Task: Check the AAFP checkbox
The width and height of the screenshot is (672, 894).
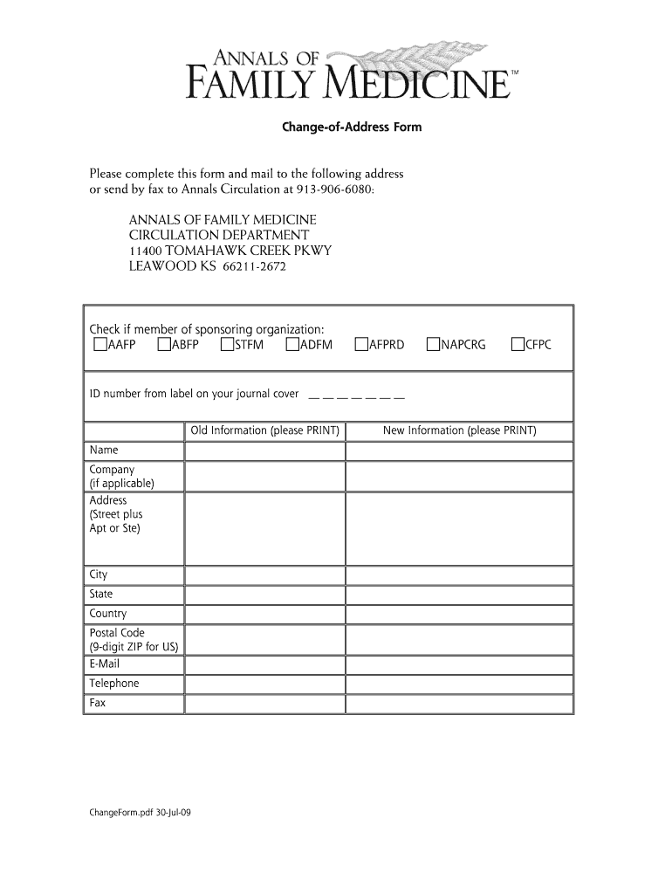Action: [x=99, y=345]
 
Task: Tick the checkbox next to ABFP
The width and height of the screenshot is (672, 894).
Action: [x=164, y=345]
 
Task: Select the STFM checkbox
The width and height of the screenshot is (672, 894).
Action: [x=228, y=345]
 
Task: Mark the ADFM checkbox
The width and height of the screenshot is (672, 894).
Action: [x=292, y=345]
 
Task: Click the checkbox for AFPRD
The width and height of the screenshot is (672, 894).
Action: [x=361, y=345]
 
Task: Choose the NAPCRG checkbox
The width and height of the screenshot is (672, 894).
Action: [x=433, y=345]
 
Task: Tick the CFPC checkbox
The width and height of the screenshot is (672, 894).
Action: [x=518, y=345]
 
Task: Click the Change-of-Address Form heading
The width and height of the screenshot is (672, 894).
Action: [x=351, y=127]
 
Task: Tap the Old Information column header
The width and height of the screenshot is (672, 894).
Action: [x=264, y=431]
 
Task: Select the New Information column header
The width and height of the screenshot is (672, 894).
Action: [x=459, y=431]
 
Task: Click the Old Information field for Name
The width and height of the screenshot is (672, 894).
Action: [x=264, y=451]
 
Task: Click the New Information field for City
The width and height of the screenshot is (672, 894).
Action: [x=459, y=575]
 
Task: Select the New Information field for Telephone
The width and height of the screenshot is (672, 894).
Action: [x=459, y=684]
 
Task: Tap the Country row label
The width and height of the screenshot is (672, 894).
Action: [x=108, y=614]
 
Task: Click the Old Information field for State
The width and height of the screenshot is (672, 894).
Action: [x=264, y=595]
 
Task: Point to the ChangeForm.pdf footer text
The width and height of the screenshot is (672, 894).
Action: [x=141, y=813]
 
